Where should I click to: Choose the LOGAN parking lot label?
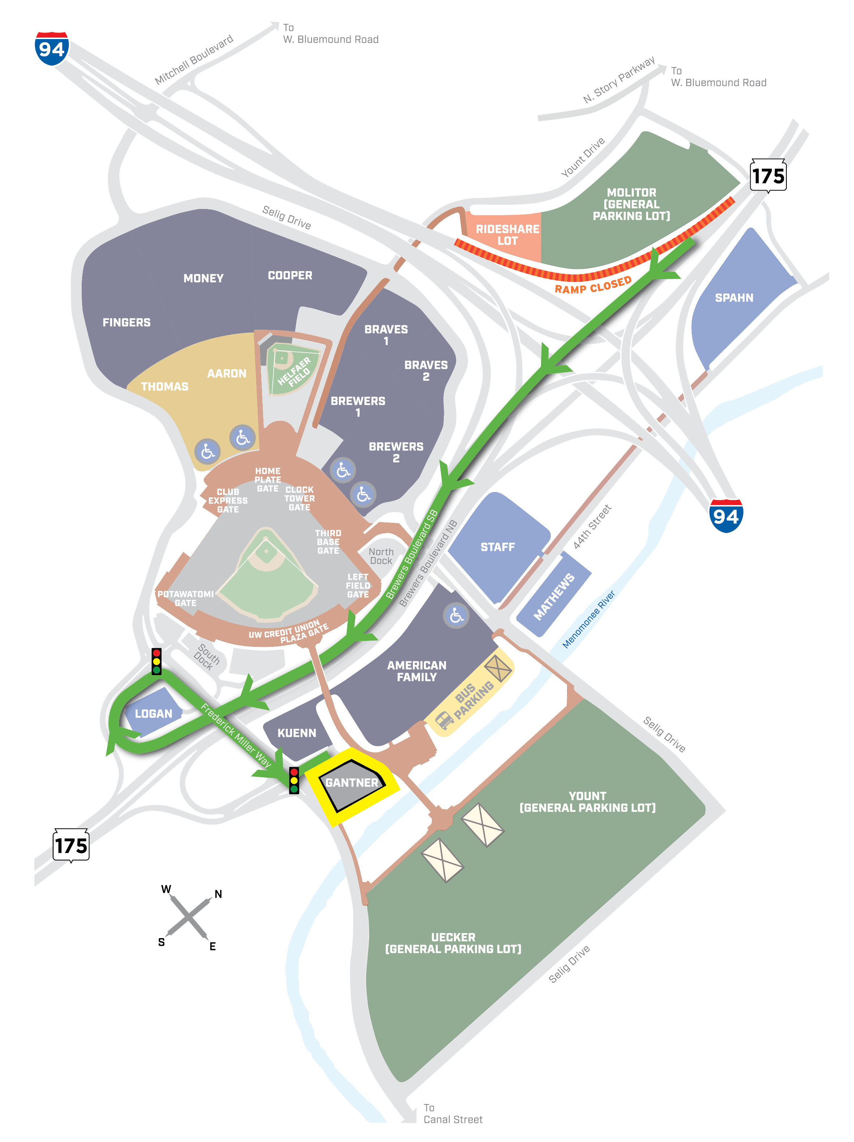click(153, 714)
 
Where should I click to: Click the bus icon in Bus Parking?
click(444, 719)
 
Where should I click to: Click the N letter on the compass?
click(218, 894)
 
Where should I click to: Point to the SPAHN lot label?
click(733, 298)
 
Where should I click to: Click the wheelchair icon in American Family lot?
click(456, 615)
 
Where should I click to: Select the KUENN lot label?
click(297, 733)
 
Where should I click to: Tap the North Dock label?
click(381, 556)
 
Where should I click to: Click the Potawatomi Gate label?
click(185, 598)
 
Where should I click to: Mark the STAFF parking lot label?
click(497, 547)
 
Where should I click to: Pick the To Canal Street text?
click(452, 1113)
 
